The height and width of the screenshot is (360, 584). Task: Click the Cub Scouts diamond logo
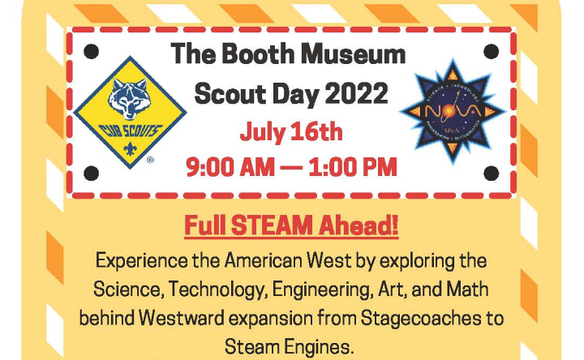130,113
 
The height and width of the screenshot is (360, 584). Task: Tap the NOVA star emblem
452,111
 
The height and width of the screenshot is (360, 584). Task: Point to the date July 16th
291,132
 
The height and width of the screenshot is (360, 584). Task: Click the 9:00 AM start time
230,167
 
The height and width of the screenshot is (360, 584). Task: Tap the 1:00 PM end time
353,167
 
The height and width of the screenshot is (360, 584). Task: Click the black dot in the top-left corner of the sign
91,51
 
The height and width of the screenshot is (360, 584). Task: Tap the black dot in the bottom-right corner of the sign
491,174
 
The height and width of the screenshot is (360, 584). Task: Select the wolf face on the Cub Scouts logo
130,98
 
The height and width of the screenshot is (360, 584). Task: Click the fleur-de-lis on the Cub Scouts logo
130,149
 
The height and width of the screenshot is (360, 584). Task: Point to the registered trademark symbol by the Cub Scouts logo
150,160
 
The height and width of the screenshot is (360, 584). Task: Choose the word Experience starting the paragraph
141,261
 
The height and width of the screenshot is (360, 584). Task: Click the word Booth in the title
259,54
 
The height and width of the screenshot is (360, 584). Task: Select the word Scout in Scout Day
230,93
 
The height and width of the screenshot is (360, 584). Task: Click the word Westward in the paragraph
182,319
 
